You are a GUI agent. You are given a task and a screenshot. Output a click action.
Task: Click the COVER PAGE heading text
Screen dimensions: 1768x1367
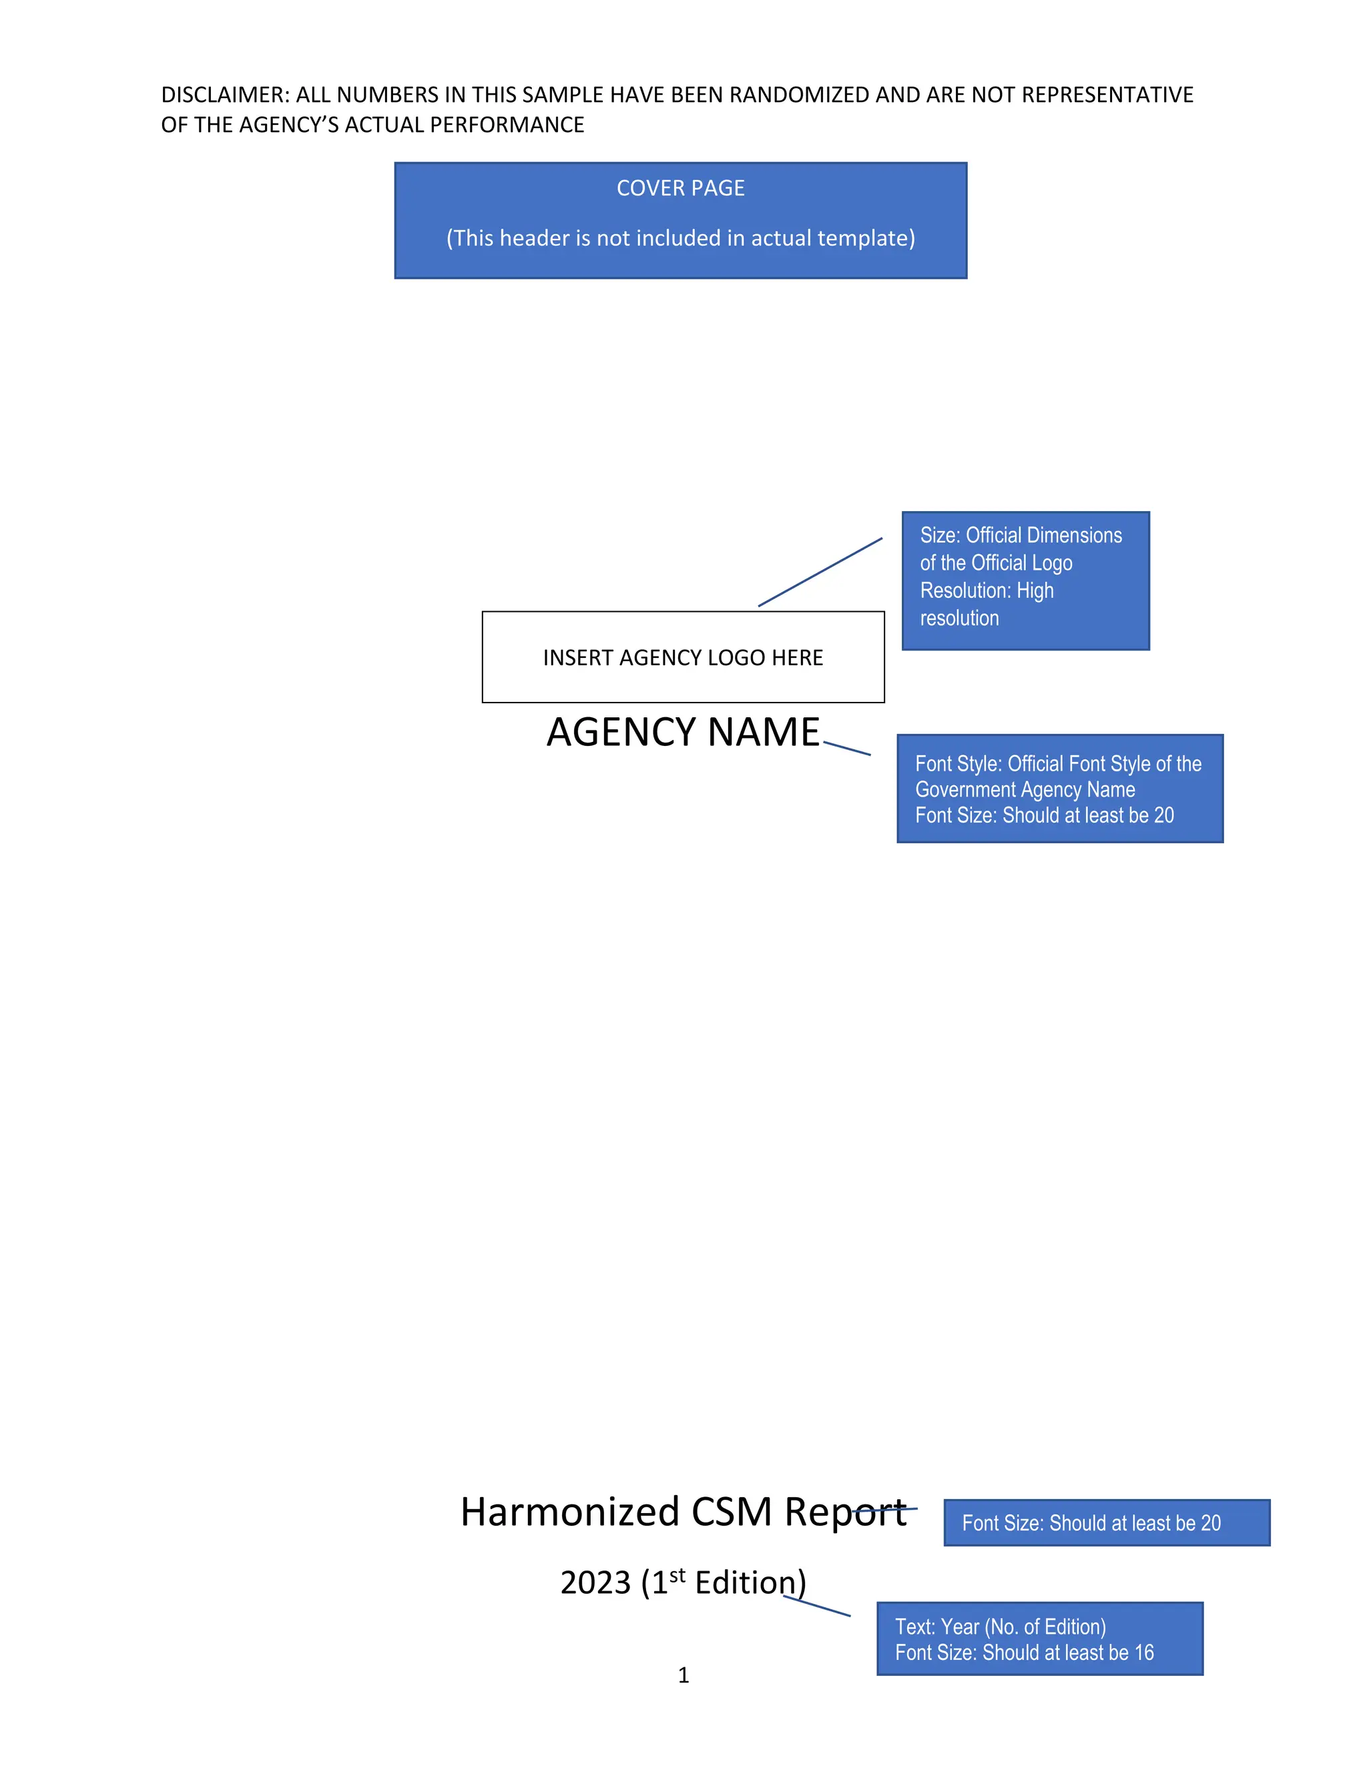click(680, 188)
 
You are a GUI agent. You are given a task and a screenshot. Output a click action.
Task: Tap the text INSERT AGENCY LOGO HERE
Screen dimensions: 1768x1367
click(683, 657)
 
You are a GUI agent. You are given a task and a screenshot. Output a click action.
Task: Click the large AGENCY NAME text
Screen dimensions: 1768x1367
click(683, 732)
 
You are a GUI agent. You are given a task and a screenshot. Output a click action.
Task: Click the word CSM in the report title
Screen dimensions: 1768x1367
click(732, 1512)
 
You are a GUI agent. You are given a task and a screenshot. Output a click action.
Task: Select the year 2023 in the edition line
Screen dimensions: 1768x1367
click(595, 1583)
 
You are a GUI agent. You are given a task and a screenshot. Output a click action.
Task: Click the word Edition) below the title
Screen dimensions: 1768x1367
click(750, 1583)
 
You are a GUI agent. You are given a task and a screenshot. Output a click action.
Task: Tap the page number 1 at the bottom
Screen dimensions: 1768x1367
click(683, 1676)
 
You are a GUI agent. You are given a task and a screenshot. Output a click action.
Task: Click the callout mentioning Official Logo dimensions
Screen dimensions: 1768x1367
click(1025, 580)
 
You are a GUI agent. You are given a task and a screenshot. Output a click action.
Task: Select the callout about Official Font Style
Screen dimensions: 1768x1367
click(1059, 789)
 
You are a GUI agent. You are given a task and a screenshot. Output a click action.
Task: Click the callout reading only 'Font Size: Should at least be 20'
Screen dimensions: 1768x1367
click(1106, 1522)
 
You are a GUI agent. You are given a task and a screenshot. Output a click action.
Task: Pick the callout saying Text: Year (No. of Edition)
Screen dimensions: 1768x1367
click(1040, 1639)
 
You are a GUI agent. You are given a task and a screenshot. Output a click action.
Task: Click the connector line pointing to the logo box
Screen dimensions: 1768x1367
click(820, 572)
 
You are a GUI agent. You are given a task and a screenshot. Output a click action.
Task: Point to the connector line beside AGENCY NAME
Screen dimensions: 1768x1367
click(847, 749)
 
